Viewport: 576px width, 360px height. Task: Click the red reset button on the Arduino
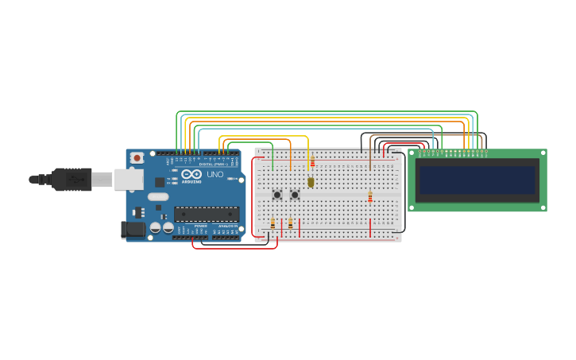(x=137, y=158)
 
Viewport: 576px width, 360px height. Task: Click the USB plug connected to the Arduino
(x=72, y=180)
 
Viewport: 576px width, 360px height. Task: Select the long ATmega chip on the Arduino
(x=207, y=214)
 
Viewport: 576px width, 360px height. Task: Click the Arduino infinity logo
(x=191, y=174)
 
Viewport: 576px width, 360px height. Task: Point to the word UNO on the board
(x=215, y=174)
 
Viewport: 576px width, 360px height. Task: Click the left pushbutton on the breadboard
(x=276, y=195)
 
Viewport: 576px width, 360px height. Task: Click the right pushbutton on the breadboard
(x=294, y=195)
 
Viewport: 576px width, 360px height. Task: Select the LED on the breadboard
(x=311, y=182)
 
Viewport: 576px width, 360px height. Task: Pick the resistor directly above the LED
(x=312, y=162)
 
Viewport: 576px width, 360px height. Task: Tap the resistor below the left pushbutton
(x=273, y=223)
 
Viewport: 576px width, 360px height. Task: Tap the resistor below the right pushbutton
(x=290, y=223)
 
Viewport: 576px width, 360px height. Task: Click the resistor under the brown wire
(x=369, y=195)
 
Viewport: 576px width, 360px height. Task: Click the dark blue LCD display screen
(x=477, y=180)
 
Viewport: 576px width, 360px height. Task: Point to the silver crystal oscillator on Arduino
(x=158, y=196)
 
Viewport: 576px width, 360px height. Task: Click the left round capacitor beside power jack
(x=156, y=228)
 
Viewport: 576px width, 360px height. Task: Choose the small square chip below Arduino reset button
(x=160, y=182)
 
